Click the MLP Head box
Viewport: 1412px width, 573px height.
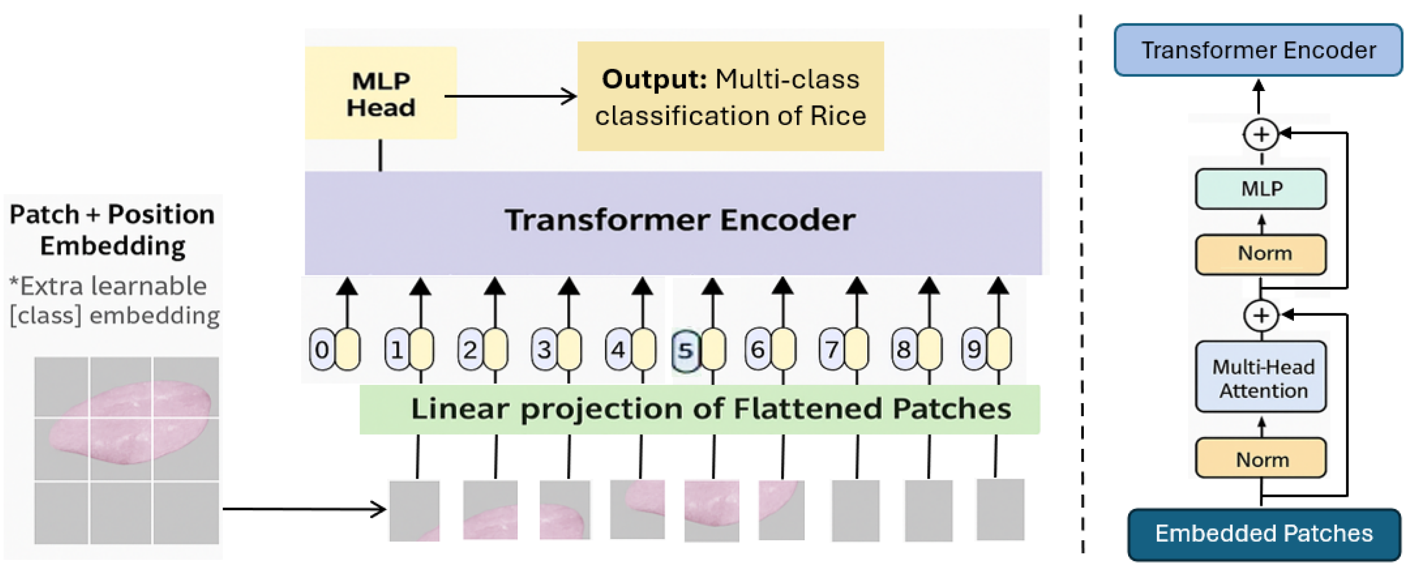(x=380, y=93)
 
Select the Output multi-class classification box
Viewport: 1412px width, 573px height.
(x=730, y=97)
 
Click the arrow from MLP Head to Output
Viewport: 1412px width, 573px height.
(x=510, y=97)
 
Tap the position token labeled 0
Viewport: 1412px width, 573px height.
(x=322, y=349)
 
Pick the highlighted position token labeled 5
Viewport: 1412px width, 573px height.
(x=685, y=350)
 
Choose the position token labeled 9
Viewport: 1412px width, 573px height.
(x=974, y=349)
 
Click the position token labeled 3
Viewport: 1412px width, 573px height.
(x=544, y=349)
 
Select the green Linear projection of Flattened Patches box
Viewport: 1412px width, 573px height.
(x=699, y=409)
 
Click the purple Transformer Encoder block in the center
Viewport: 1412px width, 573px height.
(x=673, y=222)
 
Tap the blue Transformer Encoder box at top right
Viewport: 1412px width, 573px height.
(x=1258, y=50)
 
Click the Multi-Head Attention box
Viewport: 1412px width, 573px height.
(x=1261, y=378)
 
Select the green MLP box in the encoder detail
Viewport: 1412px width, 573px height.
(x=1261, y=189)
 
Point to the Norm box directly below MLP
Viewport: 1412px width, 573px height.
(x=1261, y=254)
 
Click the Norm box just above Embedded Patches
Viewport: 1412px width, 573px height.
(x=1261, y=459)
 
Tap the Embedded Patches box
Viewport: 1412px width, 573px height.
(x=1264, y=533)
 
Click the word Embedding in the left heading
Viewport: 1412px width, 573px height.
(x=112, y=246)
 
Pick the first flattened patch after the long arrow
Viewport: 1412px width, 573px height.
(x=414, y=510)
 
